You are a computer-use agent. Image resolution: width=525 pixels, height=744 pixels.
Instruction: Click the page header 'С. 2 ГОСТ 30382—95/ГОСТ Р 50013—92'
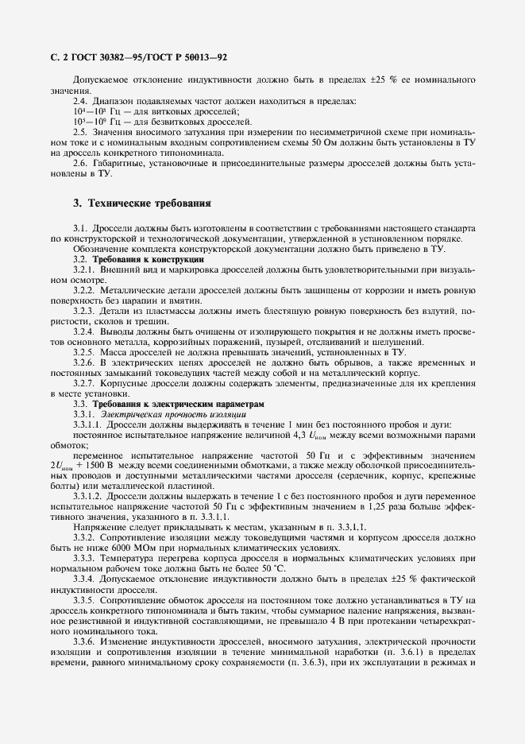(x=139, y=57)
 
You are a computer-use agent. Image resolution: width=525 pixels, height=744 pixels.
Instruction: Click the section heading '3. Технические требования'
(x=142, y=203)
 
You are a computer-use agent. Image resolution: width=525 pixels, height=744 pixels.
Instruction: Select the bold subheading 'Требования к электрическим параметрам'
(x=177, y=404)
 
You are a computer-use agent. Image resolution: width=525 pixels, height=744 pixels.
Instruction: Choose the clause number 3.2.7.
(x=84, y=383)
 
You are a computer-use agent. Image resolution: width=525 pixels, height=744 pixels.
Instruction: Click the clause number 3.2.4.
(x=84, y=331)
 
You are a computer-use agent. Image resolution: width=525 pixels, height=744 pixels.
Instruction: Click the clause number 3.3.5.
(x=84, y=600)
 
